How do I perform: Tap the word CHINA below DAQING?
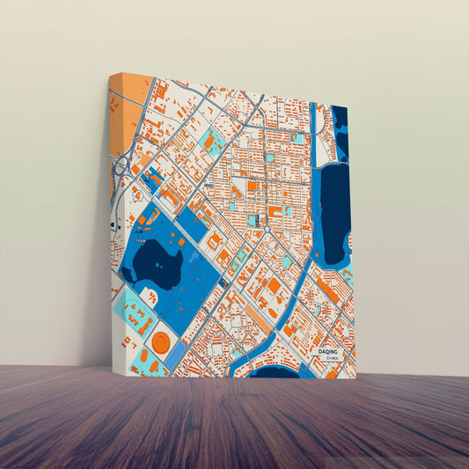(331, 358)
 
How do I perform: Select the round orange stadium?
(161, 341)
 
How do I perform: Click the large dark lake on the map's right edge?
(333, 216)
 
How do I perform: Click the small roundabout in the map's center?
(266, 228)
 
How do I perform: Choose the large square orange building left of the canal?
(274, 285)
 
